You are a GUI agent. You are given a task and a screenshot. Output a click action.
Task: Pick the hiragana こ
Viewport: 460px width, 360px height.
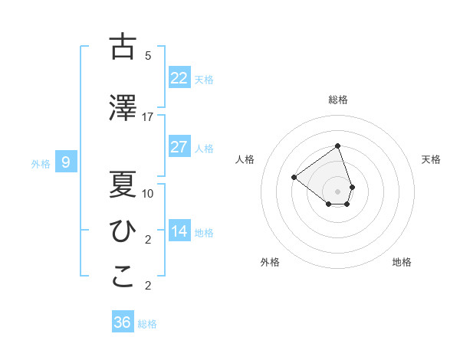pyautogui.click(x=123, y=278)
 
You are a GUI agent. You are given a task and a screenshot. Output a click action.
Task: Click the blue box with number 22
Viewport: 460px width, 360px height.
pyautogui.click(x=179, y=77)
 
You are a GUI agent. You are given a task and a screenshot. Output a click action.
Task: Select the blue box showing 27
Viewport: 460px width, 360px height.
pyautogui.click(x=179, y=147)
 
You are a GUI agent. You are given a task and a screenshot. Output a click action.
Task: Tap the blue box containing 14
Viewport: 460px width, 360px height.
pyautogui.click(x=179, y=231)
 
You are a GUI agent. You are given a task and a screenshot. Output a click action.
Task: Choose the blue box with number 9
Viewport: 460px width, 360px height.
pyautogui.click(x=66, y=162)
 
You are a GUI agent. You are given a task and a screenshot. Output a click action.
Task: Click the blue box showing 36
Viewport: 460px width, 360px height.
pyautogui.click(x=122, y=322)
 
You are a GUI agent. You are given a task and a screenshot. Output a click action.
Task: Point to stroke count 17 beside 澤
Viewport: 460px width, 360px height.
pyautogui.click(x=148, y=117)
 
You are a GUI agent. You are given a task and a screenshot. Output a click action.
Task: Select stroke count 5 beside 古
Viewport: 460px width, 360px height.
pyautogui.click(x=148, y=56)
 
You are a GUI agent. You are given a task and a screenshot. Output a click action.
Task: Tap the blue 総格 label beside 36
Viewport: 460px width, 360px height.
pyautogui.click(x=147, y=324)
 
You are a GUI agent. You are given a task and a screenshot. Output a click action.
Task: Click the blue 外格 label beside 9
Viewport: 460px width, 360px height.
pyautogui.click(x=41, y=163)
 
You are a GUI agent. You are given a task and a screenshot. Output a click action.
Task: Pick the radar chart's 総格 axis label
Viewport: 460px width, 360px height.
pyautogui.click(x=337, y=100)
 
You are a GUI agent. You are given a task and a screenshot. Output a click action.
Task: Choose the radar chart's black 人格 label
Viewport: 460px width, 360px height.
pyautogui.click(x=245, y=159)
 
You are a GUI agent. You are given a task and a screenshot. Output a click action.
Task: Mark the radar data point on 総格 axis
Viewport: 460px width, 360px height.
pyautogui.click(x=337, y=146)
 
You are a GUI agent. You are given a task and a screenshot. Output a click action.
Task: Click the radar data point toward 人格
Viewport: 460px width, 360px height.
pyautogui.click(x=294, y=178)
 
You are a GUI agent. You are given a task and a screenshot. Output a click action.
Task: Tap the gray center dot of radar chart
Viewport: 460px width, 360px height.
pyautogui.click(x=337, y=191)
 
